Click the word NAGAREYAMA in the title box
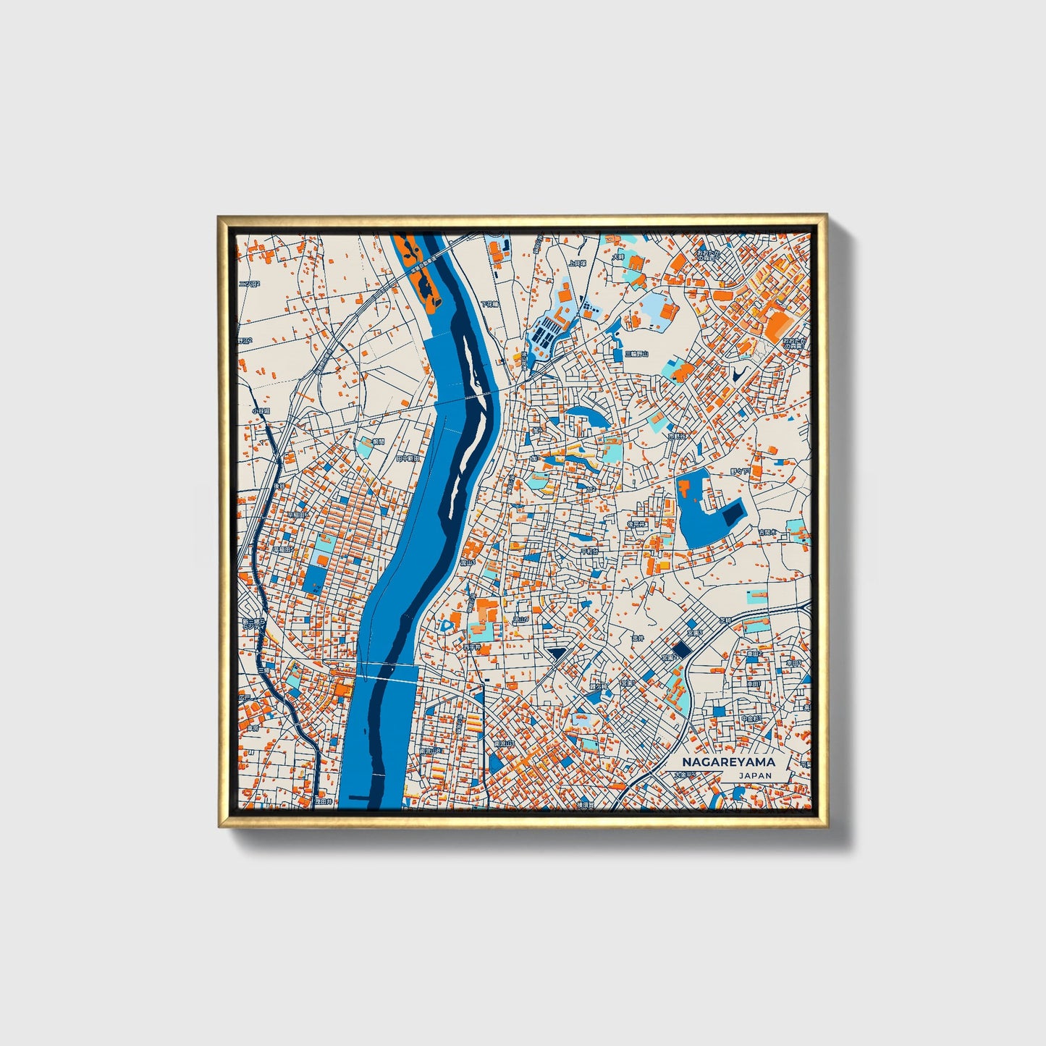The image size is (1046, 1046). [728, 762]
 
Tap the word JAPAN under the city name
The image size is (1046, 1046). [755, 775]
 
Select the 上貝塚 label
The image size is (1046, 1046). [577, 264]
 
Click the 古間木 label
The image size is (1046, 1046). [767, 531]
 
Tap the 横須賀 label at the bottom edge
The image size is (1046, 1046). [586, 804]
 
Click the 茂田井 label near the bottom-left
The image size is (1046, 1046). [323, 801]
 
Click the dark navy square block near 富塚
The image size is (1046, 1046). [681, 650]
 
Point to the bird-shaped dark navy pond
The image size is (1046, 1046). [738, 374]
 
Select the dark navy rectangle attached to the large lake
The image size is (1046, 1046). [733, 513]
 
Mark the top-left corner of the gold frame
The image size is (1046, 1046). [219, 216]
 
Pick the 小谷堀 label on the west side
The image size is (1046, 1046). [261, 410]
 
